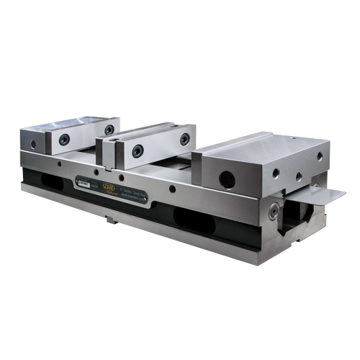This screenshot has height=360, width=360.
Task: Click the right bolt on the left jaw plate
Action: click(109, 130)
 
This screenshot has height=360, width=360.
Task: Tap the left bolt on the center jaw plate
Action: click(138, 150)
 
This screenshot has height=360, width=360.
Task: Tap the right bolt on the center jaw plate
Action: click(185, 138)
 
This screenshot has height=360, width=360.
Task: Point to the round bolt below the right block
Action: click(274, 211)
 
